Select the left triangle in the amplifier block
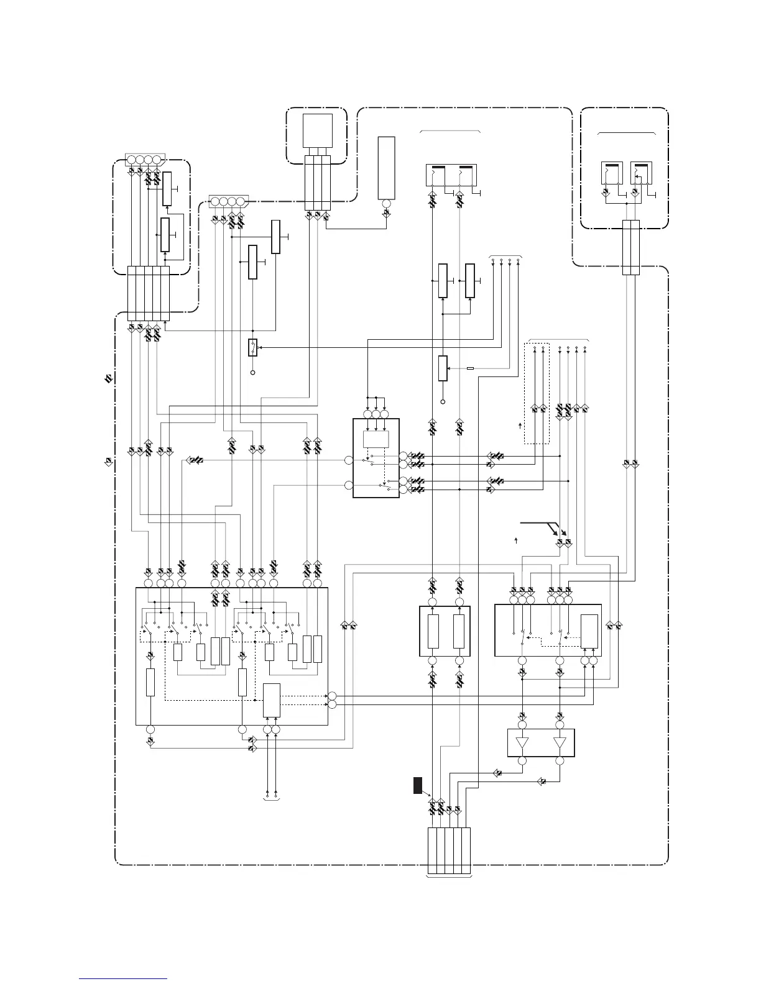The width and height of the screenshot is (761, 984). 522,744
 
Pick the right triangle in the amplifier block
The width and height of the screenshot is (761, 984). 560,744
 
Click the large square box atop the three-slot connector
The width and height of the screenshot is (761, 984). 317,131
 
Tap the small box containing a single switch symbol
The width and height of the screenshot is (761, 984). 252,347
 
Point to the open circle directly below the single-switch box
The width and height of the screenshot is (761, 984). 252,373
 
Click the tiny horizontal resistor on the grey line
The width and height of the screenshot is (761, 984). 470,368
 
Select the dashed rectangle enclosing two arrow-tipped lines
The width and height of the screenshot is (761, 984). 538,393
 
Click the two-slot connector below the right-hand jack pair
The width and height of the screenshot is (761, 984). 630,247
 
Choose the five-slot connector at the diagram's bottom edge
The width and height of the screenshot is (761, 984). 449,850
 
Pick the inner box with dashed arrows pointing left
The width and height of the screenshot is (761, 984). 589,631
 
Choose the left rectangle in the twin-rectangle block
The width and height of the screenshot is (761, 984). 433,631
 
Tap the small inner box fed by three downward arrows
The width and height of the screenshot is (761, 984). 376,439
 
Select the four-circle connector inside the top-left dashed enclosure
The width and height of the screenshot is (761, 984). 143,159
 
